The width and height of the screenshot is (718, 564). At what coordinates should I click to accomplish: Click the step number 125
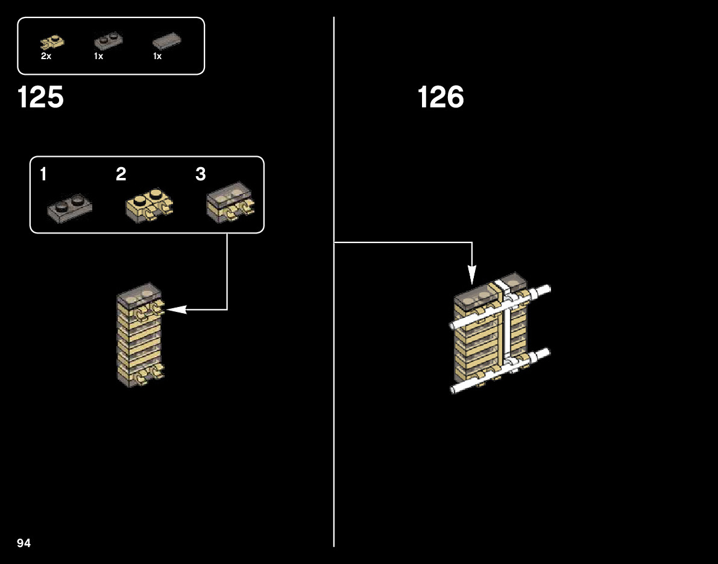(40, 97)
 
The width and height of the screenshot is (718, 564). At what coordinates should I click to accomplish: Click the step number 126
(441, 97)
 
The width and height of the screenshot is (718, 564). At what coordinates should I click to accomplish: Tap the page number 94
(24, 543)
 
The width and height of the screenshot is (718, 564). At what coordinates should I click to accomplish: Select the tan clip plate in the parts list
(52, 42)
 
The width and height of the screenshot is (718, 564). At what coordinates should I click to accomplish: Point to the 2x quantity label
(46, 56)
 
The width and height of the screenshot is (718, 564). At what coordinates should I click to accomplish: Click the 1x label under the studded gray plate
(98, 56)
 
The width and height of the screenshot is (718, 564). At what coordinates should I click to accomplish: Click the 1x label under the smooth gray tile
(157, 56)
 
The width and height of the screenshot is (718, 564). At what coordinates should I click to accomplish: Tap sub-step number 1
(43, 174)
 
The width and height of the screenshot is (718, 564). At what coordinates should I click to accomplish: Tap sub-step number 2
(121, 174)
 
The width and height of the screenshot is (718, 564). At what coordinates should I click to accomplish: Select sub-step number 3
(201, 174)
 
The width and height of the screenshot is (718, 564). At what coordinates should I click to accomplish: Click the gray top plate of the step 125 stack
(140, 294)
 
